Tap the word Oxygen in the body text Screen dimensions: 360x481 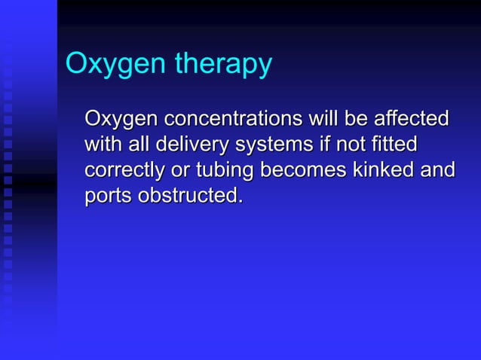120,120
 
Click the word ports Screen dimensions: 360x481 106,197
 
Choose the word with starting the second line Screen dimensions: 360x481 104,145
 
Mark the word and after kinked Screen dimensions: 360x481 440,170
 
